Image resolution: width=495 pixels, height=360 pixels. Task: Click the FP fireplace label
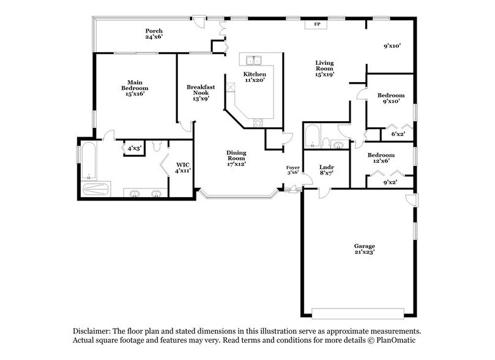[317, 24]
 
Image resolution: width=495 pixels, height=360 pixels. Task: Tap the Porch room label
[154, 34]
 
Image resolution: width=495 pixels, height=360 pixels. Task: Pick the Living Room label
[324, 69]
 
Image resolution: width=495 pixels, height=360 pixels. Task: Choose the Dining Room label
[236, 159]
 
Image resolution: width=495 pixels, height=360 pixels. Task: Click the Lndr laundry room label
[326, 170]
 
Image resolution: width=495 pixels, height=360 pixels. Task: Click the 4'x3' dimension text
[133, 148]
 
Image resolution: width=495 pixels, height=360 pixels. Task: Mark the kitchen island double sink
[253, 60]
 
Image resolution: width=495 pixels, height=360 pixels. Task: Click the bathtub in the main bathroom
[89, 160]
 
